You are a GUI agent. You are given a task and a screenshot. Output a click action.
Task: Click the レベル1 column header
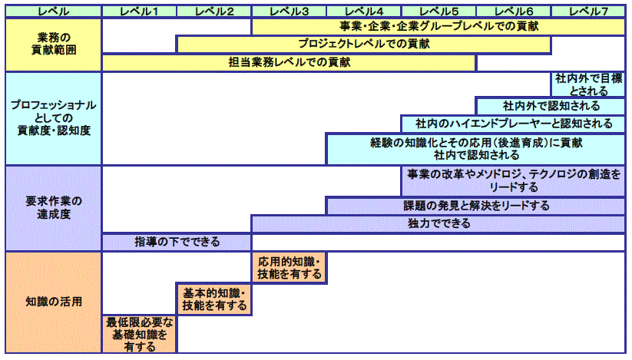point(139,11)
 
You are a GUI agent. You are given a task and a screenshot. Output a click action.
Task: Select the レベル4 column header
point(363,11)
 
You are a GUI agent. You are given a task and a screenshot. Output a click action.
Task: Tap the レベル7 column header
point(588,11)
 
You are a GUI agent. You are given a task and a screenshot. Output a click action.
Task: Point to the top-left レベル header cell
point(53,11)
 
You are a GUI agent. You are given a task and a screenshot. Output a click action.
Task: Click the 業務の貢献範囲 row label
point(53,45)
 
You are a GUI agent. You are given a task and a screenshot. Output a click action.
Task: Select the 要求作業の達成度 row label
point(53,208)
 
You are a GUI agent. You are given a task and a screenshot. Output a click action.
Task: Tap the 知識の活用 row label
point(53,302)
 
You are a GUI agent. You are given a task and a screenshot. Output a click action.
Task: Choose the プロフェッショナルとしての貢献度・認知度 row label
point(53,118)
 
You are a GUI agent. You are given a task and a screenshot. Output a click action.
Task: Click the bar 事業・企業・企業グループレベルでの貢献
point(438,26)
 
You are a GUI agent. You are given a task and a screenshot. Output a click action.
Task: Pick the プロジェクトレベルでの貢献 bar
point(363,45)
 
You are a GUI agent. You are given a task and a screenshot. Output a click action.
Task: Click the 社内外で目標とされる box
point(588,84)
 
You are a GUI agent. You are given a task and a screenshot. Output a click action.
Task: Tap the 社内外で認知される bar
point(551,106)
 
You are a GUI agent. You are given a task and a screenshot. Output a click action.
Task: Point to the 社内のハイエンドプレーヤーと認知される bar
point(513,124)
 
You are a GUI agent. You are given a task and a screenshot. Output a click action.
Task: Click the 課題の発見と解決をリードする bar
point(475,206)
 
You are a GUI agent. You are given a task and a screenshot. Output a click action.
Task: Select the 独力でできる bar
point(438,224)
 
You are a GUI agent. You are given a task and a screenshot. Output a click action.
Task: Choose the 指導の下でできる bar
point(177,243)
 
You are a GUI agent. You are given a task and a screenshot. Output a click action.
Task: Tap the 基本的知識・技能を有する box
point(214,299)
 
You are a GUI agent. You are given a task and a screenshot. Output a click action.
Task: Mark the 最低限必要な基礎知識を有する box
point(139,333)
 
